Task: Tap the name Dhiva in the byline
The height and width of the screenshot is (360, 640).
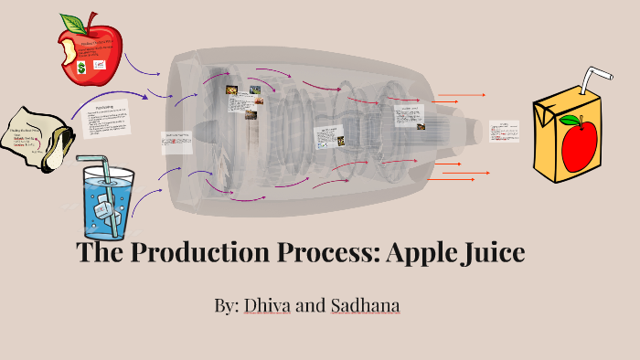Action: click(266, 305)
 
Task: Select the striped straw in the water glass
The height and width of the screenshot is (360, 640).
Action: click(102, 179)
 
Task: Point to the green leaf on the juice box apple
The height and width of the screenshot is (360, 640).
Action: click(570, 121)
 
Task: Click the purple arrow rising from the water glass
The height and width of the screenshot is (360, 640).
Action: click(146, 192)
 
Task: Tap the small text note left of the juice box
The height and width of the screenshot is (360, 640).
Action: click(504, 131)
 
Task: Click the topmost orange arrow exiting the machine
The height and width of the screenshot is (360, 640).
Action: click(462, 94)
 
